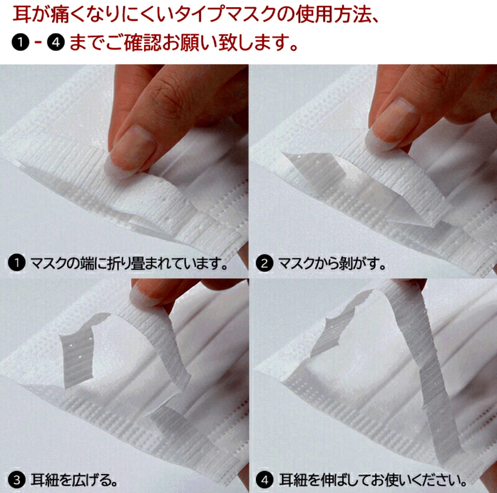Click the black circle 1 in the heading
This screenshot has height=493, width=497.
(x=20, y=42)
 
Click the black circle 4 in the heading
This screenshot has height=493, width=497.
(x=56, y=42)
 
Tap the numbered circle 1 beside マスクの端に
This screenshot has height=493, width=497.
(x=17, y=263)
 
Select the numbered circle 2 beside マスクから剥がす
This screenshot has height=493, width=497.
(x=265, y=263)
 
